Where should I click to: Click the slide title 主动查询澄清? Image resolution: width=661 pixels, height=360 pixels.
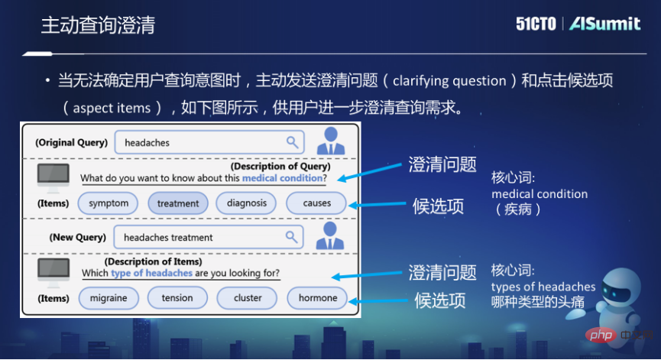98,24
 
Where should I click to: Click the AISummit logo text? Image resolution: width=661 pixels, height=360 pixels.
604,24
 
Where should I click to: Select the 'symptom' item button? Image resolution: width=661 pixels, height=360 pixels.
109,203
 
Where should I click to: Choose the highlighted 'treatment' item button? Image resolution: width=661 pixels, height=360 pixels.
177,203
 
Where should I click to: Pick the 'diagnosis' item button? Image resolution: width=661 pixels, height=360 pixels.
246,203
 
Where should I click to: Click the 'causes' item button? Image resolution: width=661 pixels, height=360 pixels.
316,203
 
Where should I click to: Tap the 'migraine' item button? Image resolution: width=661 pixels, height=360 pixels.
109,298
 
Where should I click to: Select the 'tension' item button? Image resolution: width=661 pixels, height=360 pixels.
177,298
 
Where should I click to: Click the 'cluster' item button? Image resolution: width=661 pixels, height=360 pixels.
248,298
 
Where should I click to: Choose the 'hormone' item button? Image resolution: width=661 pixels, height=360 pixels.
317,298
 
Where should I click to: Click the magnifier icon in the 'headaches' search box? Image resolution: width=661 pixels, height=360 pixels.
292,142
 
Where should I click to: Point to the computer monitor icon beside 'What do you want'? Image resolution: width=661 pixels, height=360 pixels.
53,176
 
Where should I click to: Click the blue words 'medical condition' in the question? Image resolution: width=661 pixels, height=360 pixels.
282,179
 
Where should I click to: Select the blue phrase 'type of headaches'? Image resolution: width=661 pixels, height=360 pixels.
151,273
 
